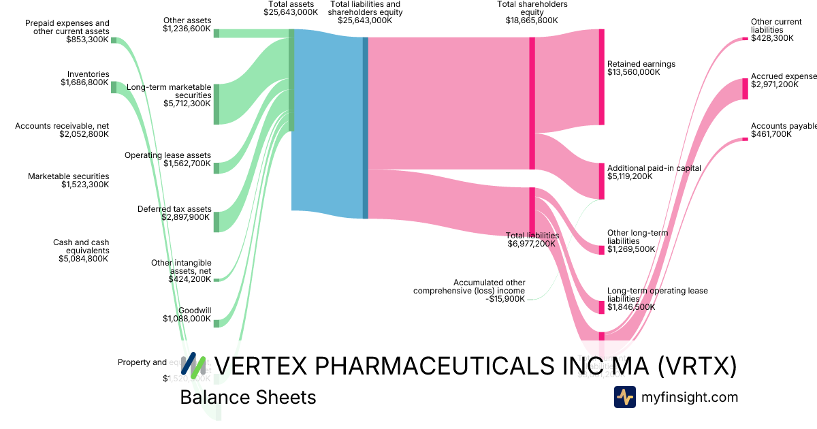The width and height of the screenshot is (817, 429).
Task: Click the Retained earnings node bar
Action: [601, 77]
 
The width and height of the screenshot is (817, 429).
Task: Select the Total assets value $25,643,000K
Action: [291, 12]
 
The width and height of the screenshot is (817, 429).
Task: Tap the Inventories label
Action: [88, 74]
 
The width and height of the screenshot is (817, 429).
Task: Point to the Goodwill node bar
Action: [217, 323]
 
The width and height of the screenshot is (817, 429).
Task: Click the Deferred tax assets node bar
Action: [217, 222]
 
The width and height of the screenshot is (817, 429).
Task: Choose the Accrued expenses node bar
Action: [745, 89]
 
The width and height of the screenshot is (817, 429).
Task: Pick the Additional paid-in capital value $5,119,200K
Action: [629, 176]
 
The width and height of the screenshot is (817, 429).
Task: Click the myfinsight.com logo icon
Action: [624, 397]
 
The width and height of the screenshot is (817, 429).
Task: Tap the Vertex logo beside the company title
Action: [193, 366]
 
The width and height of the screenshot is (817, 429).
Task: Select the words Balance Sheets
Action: [248, 398]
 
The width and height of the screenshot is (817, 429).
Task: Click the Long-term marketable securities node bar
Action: [217, 104]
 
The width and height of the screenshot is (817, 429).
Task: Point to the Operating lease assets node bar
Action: [217, 168]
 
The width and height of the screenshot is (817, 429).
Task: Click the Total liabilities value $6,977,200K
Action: [532, 244]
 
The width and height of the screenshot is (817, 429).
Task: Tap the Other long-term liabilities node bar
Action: [601, 250]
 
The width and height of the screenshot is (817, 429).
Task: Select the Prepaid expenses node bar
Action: [114, 40]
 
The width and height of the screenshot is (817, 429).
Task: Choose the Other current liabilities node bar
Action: [745, 39]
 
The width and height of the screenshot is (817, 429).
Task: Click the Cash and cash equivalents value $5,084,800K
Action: [83, 259]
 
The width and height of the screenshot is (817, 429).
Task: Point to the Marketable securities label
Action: [68, 176]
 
